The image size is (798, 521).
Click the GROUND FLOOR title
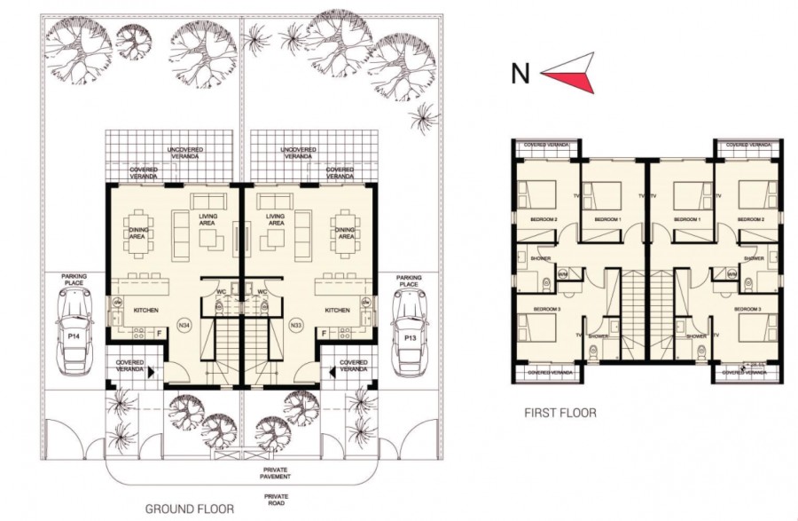(x=190, y=509)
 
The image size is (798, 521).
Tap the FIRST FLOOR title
(x=559, y=412)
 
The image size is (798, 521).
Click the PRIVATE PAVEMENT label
(x=276, y=473)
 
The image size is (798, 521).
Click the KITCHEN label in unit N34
(x=146, y=311)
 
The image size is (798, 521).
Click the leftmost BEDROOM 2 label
(x=544, y=218)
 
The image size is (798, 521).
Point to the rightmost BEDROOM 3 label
(x=748, y=308)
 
